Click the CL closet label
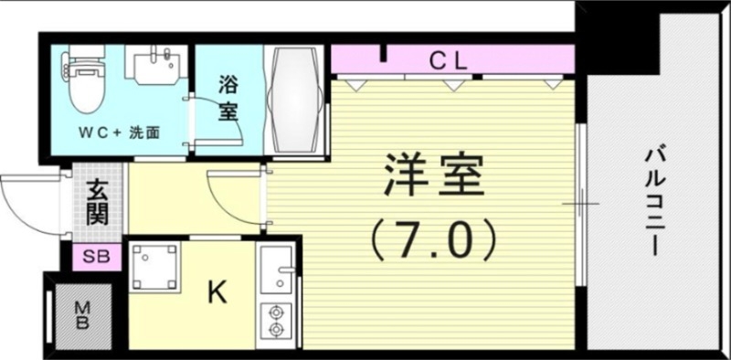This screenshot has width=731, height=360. click(449, 61)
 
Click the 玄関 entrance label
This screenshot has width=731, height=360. click(99, 203)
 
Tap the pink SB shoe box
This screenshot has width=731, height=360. click(96, 257)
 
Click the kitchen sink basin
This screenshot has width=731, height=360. click(274, 270)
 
